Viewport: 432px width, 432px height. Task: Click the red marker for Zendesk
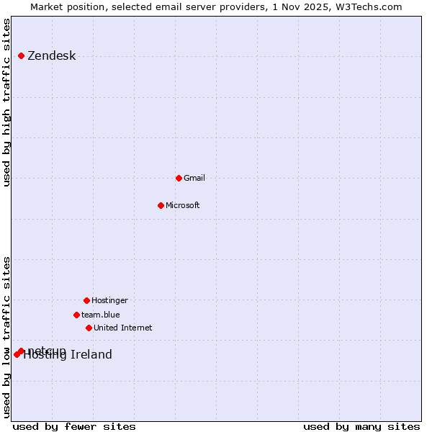(22, 55)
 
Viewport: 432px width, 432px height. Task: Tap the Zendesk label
(51, 56)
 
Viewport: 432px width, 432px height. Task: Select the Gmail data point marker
(179, 178)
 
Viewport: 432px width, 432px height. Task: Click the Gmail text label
(194, 178)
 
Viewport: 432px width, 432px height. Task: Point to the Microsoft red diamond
(161, 205)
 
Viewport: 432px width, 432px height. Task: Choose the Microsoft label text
(182, 205)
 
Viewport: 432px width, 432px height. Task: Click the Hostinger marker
(86, 300)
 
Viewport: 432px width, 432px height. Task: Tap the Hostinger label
(109, 300)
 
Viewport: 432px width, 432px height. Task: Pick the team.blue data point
(76, 315)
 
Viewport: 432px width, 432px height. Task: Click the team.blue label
(100, 315)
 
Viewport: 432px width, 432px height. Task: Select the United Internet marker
(89, 328)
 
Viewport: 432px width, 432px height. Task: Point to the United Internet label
(122, 328)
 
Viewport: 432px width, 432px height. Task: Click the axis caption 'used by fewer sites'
(74, 426)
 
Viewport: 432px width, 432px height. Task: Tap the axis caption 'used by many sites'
(361, 426)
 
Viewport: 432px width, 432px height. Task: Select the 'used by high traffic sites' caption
(7, 102)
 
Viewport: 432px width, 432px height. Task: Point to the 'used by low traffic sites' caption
(7, 337)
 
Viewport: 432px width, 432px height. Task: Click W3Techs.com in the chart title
(369, 6)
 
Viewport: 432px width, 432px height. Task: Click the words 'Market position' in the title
(63, 6)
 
